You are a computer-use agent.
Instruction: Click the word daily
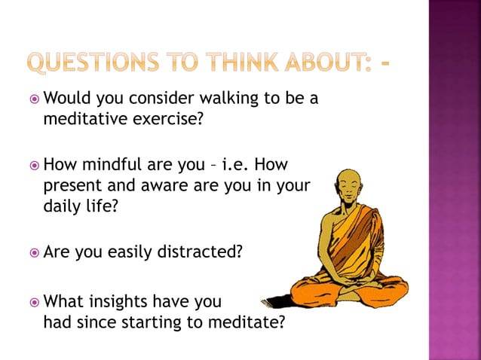[x=62, y=205]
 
